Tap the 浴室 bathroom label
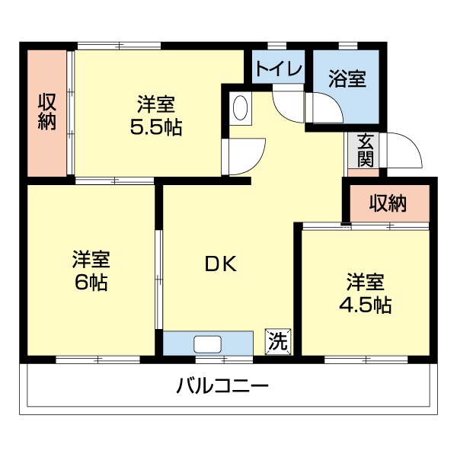tap(347, 78)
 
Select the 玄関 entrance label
tap(366, 150)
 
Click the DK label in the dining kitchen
tap(221, 265)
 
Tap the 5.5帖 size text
tap(156, 127)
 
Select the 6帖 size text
tap(91, 283)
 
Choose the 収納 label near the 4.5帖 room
tap(388, 203)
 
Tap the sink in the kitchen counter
tap(207, 344)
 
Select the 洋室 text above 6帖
tap(91, 260)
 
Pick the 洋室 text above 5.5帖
tap(156, 104)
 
